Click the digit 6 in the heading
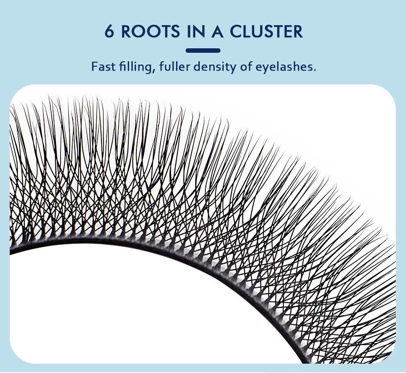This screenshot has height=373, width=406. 109,32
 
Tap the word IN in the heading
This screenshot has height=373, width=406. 197,32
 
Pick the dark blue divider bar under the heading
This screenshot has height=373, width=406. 203,51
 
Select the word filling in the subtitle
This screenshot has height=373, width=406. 132,67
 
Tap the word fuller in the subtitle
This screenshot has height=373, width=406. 172,66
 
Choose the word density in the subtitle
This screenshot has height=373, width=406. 214,67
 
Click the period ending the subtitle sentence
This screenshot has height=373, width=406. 314,70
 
